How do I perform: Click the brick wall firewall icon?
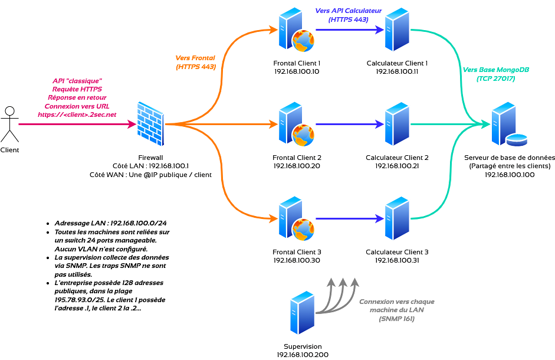150,123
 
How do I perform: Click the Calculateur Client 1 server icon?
397,30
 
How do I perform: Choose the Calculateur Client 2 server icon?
397,124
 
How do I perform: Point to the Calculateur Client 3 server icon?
397,218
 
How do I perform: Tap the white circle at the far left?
9,111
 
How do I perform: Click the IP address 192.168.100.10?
297,71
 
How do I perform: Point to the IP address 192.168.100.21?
397,166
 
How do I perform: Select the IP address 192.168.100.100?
510,175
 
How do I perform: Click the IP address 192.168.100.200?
303,355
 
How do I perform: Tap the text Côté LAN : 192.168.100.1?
150,166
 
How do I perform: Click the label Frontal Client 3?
297,252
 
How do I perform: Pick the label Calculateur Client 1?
397,63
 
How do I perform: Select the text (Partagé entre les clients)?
510,166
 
